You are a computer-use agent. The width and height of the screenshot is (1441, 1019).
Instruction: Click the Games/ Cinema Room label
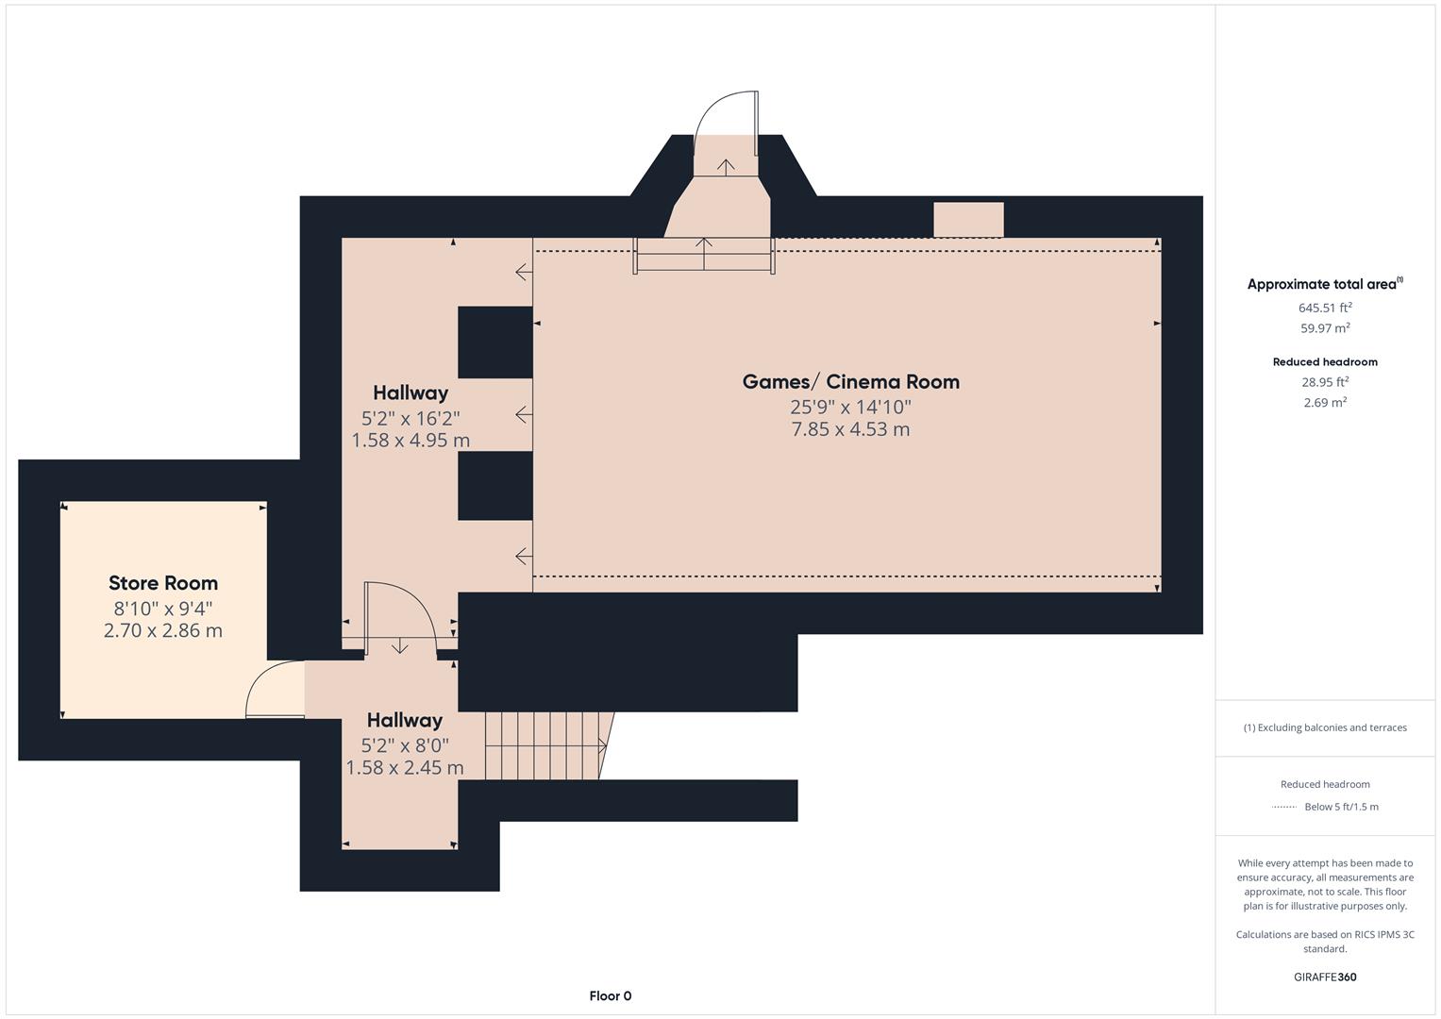pyautogui.click(x=850, y=382)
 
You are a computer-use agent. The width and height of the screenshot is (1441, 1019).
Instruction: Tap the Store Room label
pyautogui.click(x=163, y=583)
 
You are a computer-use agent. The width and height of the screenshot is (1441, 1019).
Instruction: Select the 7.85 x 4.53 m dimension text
pyautogui.click(x=850, y=429)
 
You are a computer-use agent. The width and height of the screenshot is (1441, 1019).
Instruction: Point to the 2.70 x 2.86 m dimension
pyautogui.click(x=163, y=630)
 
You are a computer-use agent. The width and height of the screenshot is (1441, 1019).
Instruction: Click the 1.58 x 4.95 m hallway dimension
pyautogui.click(x=411, y=441)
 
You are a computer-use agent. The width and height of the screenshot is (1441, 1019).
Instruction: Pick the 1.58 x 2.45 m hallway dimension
pyautogui.click(x=405, y=767)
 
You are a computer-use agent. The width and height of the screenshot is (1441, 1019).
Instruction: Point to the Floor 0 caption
pyautogui.click(x=611, y=995)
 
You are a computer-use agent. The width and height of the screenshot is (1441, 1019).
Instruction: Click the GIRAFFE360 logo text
pyautogui.click(x=1325, y=977)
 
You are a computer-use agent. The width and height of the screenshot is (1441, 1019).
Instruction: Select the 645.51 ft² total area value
pyautogui.click(x=1325, y=308)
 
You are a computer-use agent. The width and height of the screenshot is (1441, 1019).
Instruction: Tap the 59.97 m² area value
pyautogui.click(x=1325, y=328)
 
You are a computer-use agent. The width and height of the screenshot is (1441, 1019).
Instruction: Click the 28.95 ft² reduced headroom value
pyautogui.click(x=1325, y=382)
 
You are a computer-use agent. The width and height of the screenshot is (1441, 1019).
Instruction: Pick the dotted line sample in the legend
pyautogui.click(x=1284, y=807)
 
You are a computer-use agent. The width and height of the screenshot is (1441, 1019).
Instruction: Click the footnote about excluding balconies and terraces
pyautogui.click(x=1325, y=727)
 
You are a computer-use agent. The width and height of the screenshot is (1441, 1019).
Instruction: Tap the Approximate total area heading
pyautogui.click(x=1325, y=284)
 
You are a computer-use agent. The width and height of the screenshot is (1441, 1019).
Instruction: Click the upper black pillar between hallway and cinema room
pyautogui.click(x=495, y=342)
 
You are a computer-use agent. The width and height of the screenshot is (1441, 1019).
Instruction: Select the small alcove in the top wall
pyautogui.click(x=968, y=220)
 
